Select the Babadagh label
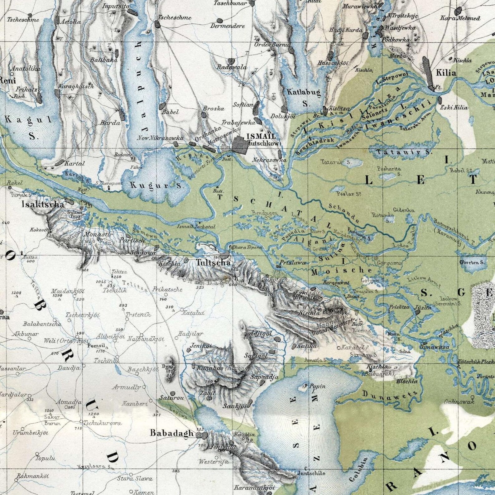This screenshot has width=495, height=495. click(172, 433)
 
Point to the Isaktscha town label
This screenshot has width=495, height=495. click(43, 204)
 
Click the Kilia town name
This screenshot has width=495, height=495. click(446, 73)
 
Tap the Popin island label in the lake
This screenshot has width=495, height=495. click(318, 387)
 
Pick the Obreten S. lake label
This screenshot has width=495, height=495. click(472, 262)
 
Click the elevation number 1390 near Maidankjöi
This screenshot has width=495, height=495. click(57, 295)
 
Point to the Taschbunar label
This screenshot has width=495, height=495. click(230, 3)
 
